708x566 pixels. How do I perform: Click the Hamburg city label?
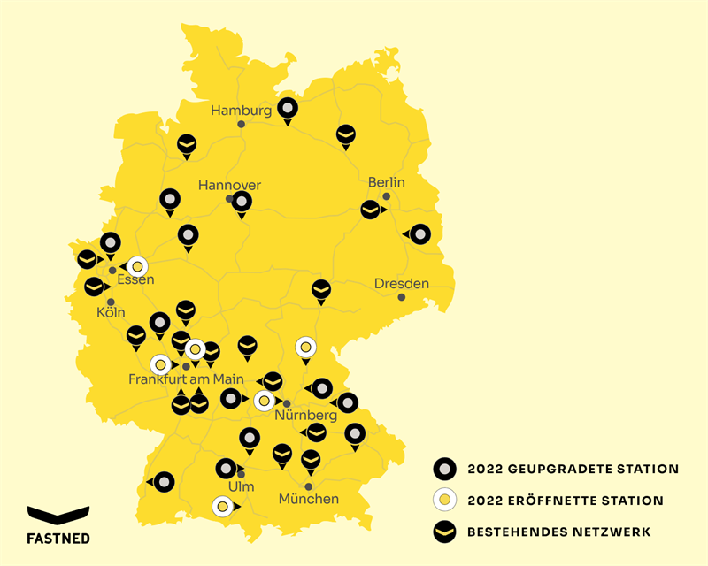click(x=241, y=111)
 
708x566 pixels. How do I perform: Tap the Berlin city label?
click(x=387, y=182)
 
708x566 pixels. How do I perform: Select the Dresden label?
click(x=402, y=284)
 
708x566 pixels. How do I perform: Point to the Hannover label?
click(x=229, y=185)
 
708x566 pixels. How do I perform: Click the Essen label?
click(x=135, y=280)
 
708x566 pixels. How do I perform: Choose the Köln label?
click(x=111, y=313)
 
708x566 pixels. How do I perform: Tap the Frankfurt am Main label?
click(x=186, y=379)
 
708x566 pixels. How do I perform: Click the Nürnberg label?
click(x=305, y=415)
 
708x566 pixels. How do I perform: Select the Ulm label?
click(x=241, y=487)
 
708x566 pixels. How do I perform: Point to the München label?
click(x=309, y=499)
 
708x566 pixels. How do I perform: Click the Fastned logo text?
click(x=58, y=536)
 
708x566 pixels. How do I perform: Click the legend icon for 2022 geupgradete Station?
click(x=444, y=469)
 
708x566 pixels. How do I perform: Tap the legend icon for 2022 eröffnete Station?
click(x=444, y=501)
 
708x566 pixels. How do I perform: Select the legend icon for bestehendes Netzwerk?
click(x=444, y=532)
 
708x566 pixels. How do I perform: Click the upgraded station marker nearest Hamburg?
click(x=288, y=109)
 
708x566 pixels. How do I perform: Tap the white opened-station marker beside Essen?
click(x=137, y=265)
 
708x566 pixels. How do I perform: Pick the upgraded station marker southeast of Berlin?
click(x=419, y=234)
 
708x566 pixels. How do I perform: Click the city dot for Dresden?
click(x=402, y=297)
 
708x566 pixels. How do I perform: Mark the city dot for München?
click(x=309, y=486)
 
